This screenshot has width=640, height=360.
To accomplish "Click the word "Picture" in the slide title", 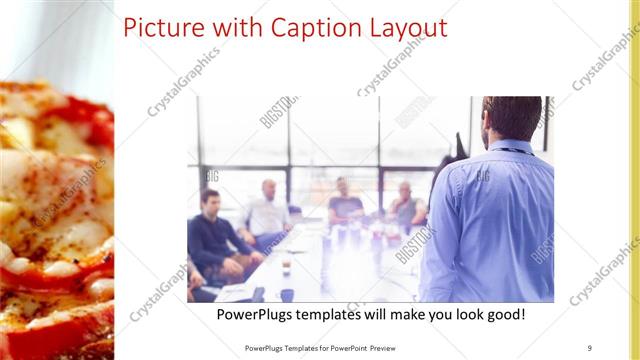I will tap(161, 27).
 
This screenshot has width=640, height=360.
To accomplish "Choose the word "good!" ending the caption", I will tap(503, 315).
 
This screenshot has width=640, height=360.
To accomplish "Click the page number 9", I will tap(590, 348).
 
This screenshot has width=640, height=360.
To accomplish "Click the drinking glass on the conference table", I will tap(285, 267).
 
